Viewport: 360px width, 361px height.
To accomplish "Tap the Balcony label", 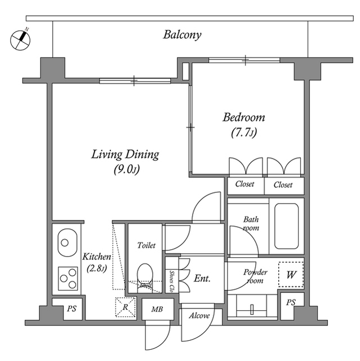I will coord(182,35).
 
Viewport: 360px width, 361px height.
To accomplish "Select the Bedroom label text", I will coord(243,118).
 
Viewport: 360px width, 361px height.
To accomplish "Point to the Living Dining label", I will coord(125,155).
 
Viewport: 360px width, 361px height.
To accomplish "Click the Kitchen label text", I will coord(97,257).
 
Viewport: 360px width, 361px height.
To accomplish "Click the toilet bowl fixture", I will coord(145,275).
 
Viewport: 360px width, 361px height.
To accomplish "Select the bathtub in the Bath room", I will coord(286,226).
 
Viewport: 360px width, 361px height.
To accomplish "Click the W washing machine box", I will coord(291,275).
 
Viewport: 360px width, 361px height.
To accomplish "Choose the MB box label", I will coord(157,310).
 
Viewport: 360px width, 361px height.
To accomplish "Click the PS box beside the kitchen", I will coord(71,310).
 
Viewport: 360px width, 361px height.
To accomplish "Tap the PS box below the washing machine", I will coord(291,303).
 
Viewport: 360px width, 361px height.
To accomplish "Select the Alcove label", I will coord(199,316).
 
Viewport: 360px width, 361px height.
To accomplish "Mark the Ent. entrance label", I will coord(202,278).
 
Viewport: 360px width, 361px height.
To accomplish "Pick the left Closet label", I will coord(245,184).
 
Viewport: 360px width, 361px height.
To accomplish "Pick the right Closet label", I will coord(283,184).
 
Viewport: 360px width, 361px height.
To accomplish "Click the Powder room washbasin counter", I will coord(252,307).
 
